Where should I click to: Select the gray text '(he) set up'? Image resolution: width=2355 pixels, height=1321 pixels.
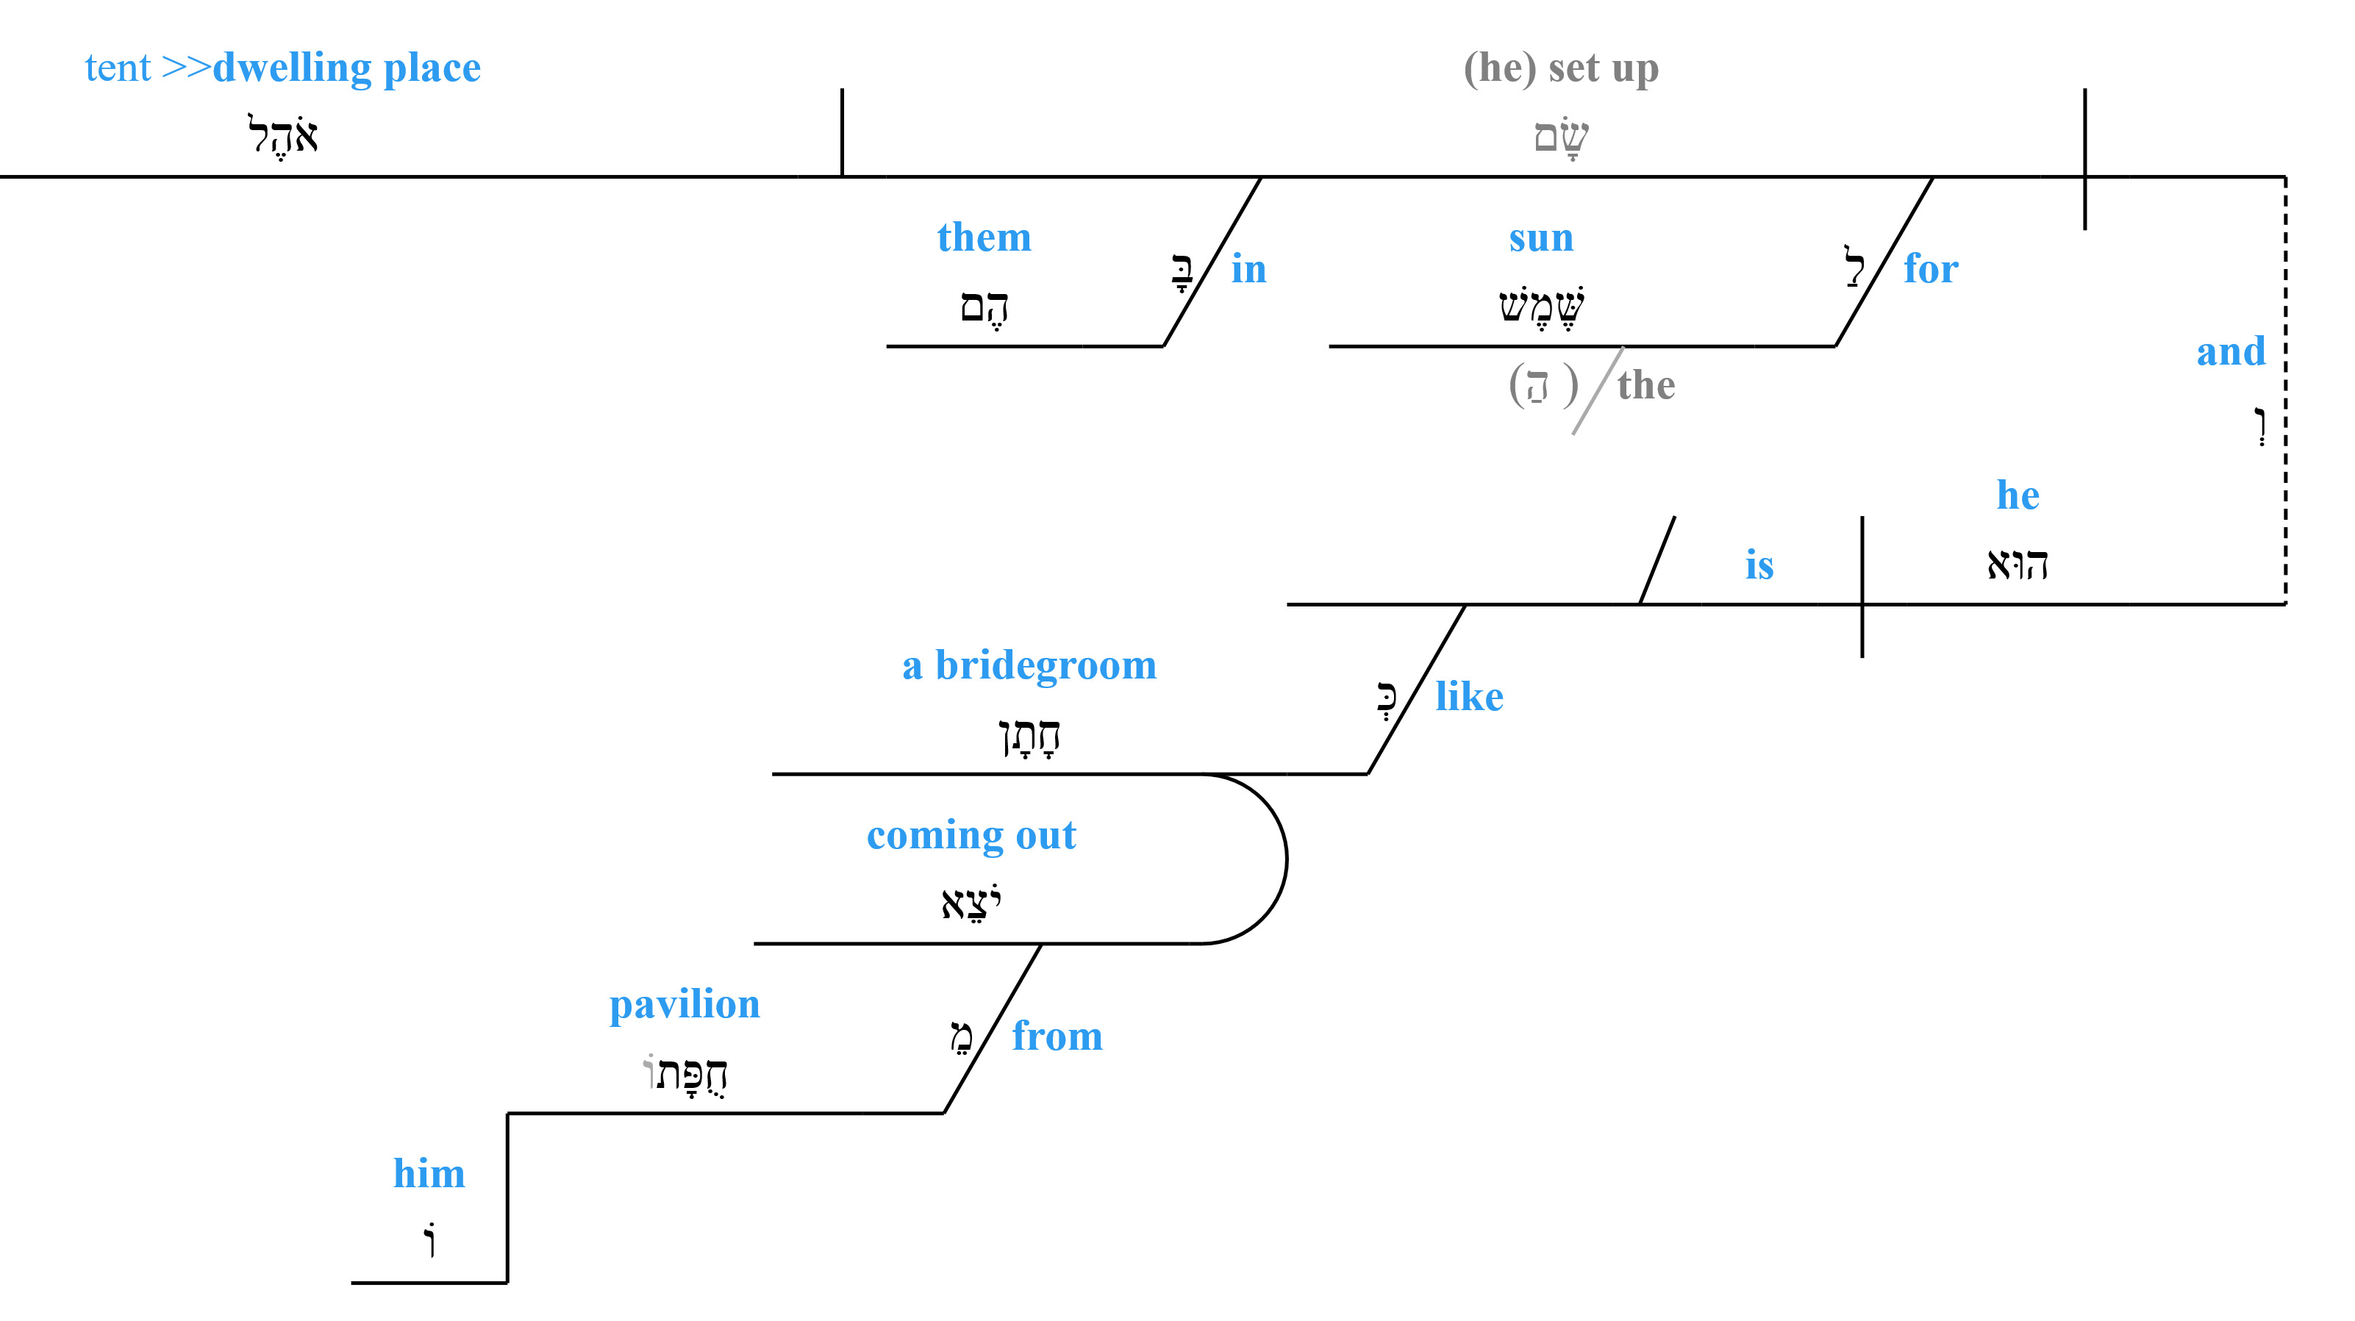point(1560,68)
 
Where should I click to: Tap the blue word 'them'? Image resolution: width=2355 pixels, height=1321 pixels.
point(984,237)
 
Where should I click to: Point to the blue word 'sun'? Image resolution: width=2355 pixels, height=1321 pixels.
point(1540,237)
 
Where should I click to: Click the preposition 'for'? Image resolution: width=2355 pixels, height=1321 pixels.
point(1930,269)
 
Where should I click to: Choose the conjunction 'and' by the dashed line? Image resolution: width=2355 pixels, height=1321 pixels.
point(2230,351)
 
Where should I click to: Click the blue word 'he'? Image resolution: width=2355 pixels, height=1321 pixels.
point(2017,495)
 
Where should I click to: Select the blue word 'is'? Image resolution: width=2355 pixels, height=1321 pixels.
point(1759,565)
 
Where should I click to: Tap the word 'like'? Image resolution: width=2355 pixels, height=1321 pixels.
point(1468,697)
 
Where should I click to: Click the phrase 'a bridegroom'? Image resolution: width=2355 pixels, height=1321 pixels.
point(1029,665)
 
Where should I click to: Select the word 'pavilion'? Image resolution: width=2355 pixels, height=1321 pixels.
point(684,1005)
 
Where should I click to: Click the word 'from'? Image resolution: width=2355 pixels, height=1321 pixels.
point(1056,1036)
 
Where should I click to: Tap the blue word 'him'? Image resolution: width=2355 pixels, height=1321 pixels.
point(429,1174)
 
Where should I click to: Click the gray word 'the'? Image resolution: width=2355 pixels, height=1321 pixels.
point(1645,385)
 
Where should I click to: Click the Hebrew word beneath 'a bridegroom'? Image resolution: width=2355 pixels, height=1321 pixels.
point(1029,736)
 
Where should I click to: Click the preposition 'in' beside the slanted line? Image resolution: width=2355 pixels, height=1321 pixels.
point(1248,269)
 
